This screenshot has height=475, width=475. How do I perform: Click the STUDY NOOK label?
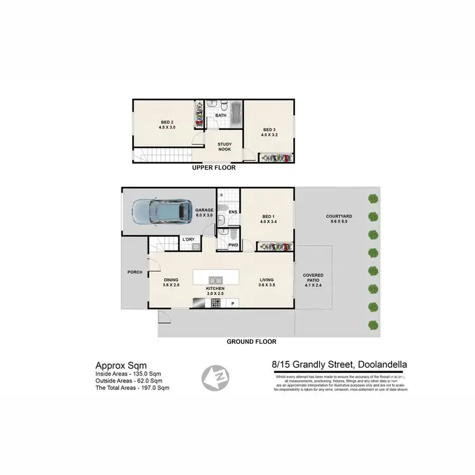coord(225,147)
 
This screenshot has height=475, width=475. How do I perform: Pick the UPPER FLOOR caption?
coord(213,168)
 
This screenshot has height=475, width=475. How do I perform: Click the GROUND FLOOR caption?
coord(251,341)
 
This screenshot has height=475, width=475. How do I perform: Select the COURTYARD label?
coord(339,218)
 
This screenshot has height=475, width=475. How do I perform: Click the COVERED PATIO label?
coord(313,279)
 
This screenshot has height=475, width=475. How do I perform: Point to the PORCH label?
coord(134,273)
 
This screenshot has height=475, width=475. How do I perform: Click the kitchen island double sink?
coord(216,279)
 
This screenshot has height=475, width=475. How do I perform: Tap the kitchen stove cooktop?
coord(215,303)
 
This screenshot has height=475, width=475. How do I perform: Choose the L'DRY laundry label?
coord(188,240)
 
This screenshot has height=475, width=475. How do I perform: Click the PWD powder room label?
coord(232,244)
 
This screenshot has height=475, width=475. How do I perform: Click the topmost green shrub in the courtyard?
coord(374,198)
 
